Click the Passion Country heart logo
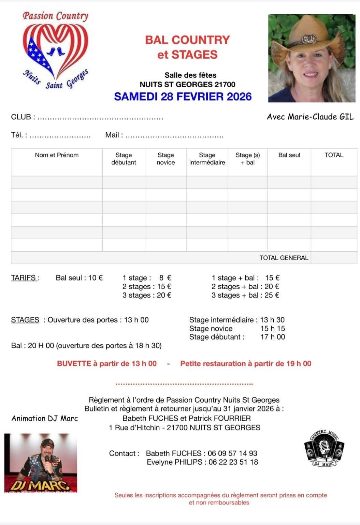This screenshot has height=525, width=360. click(x=55, y=49)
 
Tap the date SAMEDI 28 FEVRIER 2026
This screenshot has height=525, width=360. click(x=183, y=96)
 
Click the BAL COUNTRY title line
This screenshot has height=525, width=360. click(x=187, y=40)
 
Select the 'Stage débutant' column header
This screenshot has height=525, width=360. click(x=124, y=159)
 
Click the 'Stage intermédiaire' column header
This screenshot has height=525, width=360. click(x=207, y=159)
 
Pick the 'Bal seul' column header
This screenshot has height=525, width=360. click(x=289, y=155)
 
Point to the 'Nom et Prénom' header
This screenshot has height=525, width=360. click(x=57, y=155)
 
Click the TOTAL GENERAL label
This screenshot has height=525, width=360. click(x=284, y=258)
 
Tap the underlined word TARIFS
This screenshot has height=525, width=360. click(x=24, y=278)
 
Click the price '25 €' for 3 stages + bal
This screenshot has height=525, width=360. click(x=272, y=295)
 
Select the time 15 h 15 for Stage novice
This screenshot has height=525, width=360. click(x=272, y=329)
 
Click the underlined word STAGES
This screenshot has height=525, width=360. click(x=25, y=320)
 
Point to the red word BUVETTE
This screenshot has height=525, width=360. click(x=74, y=364)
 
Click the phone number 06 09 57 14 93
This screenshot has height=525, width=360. click(x=232, y=453)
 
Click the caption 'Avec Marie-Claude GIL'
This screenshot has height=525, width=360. click(x=310, y=117)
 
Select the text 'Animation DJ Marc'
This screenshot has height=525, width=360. click(x=45, y=419)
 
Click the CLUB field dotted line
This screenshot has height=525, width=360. click(x=100, y=118)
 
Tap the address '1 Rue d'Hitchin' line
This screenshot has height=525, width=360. click(x=184, y=427)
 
